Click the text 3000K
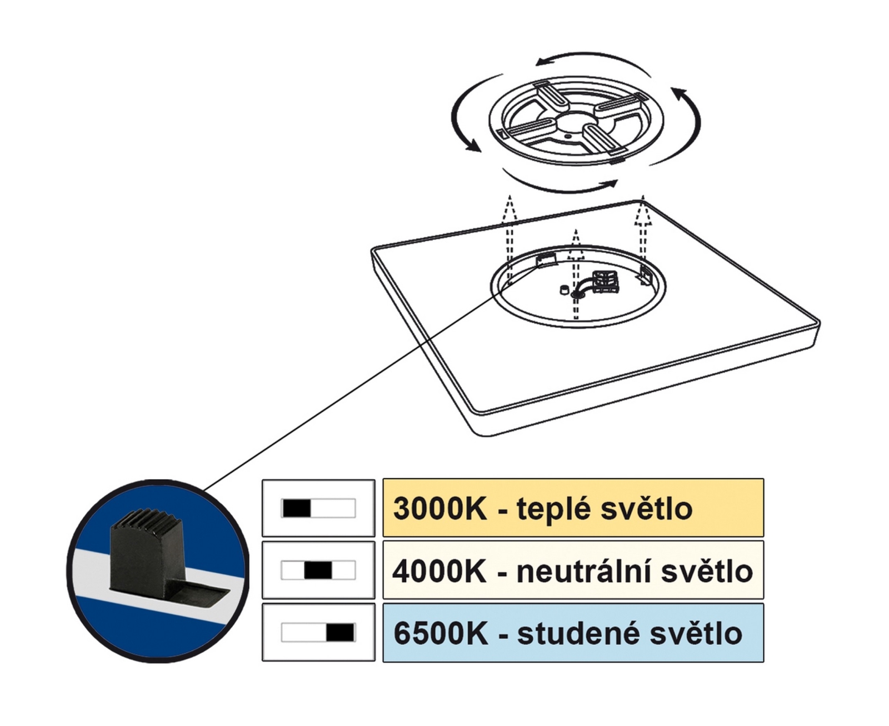click(x=439, y=508)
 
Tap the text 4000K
click(x=439, y=571)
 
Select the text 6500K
click(x=441, y=634)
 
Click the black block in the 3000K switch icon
click(x=297, y=508)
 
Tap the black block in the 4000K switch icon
click(x=318, y=570)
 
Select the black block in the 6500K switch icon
click(x=339, y=633)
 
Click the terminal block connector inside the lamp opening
click(x=606, y=281)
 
